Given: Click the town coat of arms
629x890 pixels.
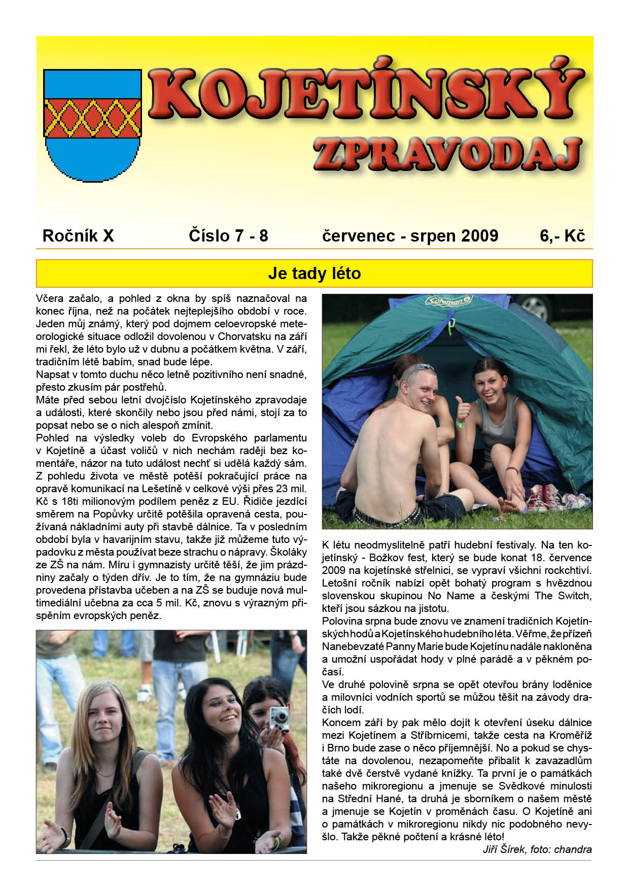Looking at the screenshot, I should (92, 125).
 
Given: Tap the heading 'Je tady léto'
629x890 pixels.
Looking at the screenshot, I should (314, 273).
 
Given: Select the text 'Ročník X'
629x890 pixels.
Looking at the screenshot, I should (78, 236).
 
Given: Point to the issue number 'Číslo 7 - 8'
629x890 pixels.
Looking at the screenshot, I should (228, 236).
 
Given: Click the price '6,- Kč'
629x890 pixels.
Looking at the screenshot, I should (563, 236).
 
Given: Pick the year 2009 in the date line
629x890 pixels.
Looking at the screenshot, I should (479, 236).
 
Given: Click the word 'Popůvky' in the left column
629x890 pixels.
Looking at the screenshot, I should (114, 514).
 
